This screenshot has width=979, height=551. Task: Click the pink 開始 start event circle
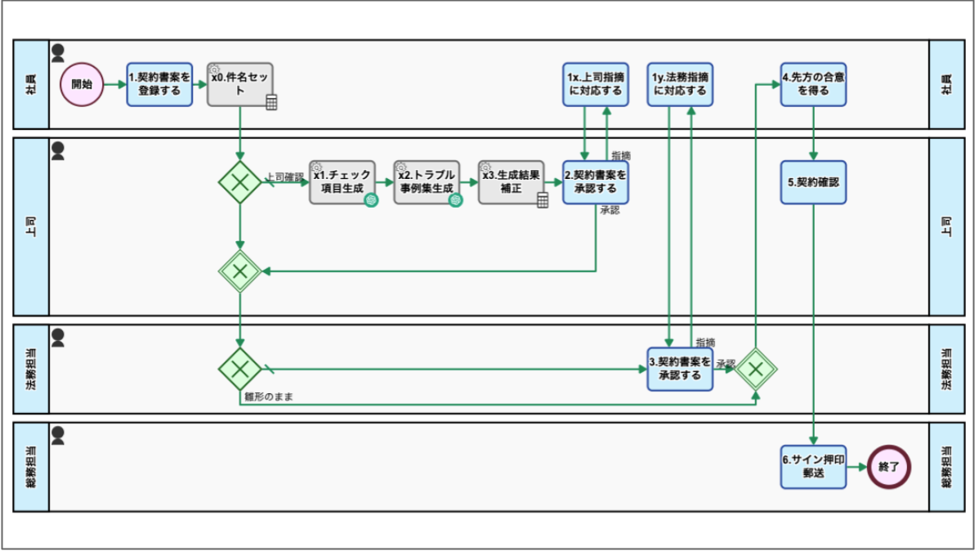[x=82, y=84]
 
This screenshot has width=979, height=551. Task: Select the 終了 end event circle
[x=889, y=467]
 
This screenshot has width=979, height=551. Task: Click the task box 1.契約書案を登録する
[x=159, y=84]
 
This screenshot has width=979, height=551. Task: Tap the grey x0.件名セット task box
[x=240, y=84]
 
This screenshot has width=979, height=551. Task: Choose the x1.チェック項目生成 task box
[x=342, y=181]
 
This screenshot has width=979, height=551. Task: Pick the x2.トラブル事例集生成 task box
[x=427, y=181]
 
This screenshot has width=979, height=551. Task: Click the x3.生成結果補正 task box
[x=512, y=181]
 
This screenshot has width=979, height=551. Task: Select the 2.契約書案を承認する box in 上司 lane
[x=596, y=181]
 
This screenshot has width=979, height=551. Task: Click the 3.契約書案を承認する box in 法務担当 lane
[x=680, y=369]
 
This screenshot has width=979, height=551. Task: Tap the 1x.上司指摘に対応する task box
[x=596, y=84]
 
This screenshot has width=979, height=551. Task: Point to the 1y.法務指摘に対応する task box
[x=680, y=84]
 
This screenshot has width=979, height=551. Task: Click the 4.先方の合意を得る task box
[x=813, y=84]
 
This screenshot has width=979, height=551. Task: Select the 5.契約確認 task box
[x=813, y=181]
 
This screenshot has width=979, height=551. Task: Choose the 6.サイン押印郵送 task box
[x=813, y=467]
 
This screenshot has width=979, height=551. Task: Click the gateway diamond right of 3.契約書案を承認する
[x=755, y=369]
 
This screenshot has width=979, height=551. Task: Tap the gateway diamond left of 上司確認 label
[x=239, y=181]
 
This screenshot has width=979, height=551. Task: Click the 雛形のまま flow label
[x=269, y=396]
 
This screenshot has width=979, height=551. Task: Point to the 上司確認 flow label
[x=284, y=176]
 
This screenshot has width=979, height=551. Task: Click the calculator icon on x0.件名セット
[x=271, y=102]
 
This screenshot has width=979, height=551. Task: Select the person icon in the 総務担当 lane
[x=58, y=435]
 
